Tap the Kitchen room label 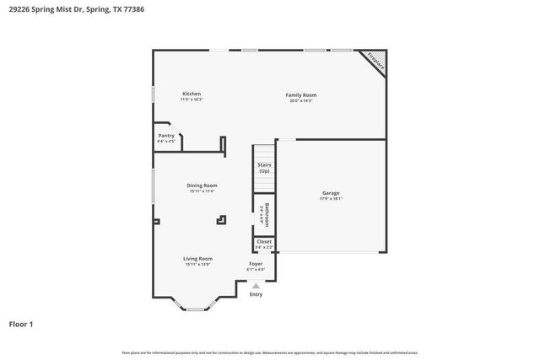coord(192,94)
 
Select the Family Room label coord(301,95)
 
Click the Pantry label coord(166,135)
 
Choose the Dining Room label coord(202,185)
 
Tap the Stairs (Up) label coord(264,168)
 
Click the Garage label coord(331,193)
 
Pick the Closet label coord(264,241)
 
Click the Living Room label coord(199,259)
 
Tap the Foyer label coord(256,264)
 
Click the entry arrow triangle coord(256,286)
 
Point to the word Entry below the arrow coord(256,294)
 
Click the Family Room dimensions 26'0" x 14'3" coord(301,101)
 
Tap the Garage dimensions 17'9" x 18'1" coord(331,199)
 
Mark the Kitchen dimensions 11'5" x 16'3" coord(192,99)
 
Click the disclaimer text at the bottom coord(269,352)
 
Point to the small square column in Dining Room coord(222,219)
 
